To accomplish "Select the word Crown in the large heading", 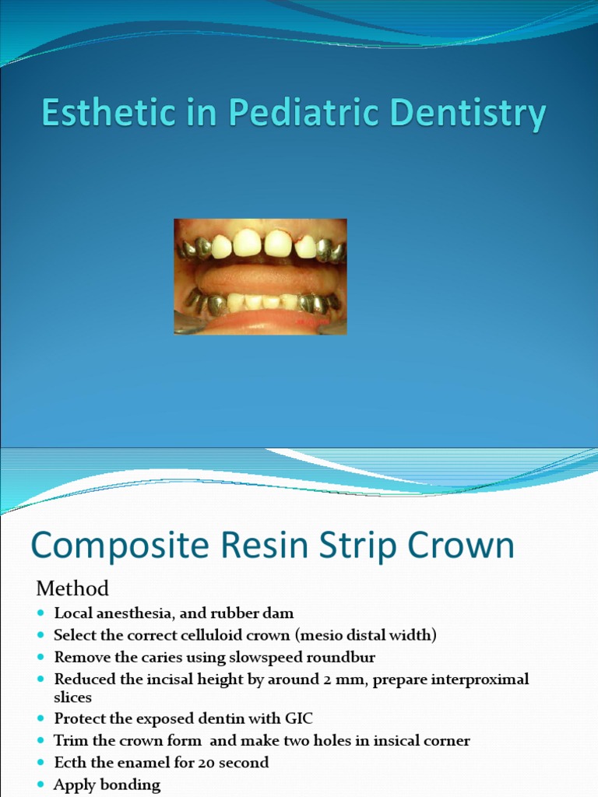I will [x=456, y=546].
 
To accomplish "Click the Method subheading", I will [x=72, y=587].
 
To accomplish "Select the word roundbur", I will [x=339, y=658].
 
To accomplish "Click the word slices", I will [x=72, y=697].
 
